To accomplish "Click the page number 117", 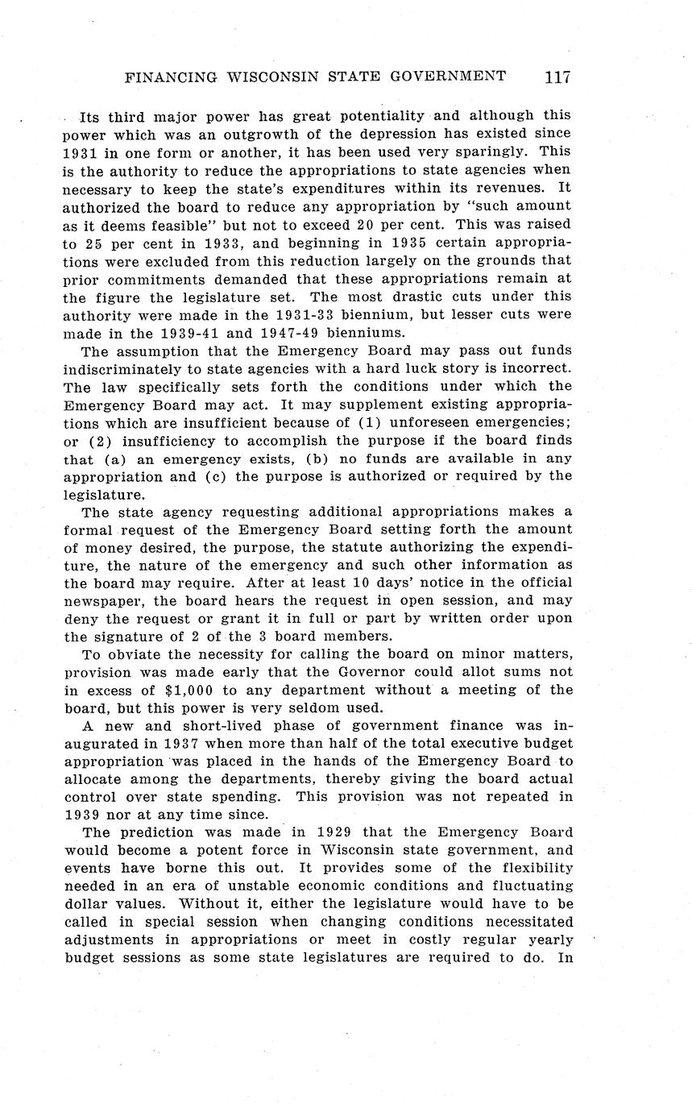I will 557,77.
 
